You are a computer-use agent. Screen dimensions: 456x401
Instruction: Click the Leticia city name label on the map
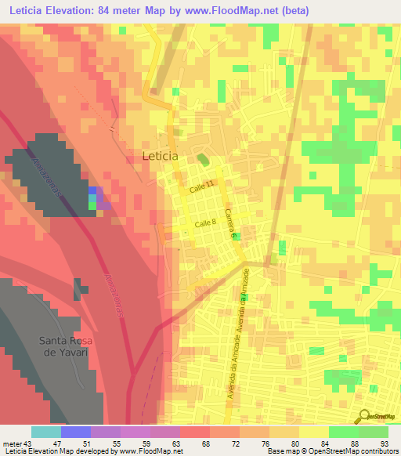click(161, 156)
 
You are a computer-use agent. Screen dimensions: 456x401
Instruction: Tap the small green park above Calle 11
click(204, 160)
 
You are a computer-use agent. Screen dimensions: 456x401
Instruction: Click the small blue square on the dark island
click(93, 190)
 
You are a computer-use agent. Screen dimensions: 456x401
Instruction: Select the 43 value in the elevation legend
click(26, 443)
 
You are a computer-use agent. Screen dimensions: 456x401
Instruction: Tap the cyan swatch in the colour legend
click(46, 432)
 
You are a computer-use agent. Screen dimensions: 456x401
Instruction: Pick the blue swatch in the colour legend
click(76, 432)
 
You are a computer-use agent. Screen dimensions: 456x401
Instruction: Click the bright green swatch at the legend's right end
click(374, 432)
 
